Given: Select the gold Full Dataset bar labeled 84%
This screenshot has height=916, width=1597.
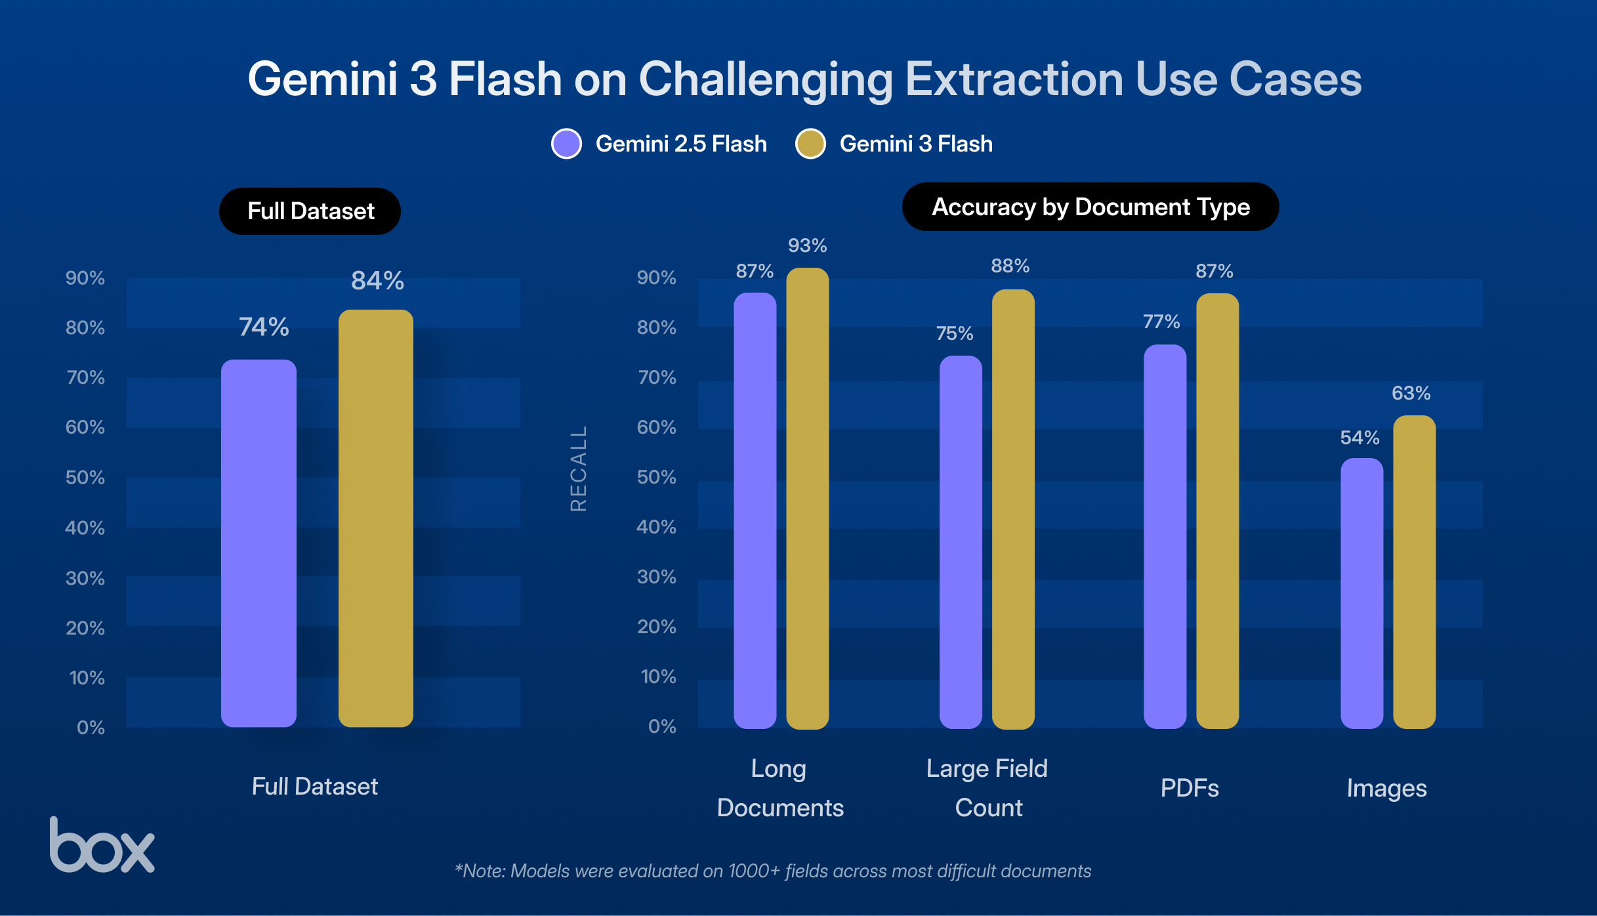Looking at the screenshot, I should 375,518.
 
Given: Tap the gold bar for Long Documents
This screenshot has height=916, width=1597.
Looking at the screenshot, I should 807,499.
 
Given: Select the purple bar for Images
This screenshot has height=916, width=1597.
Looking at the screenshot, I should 1361,593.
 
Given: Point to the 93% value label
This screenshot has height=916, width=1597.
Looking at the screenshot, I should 807,245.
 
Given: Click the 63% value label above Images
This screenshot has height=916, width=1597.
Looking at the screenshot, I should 1411,393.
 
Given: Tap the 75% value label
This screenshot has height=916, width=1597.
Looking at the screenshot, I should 954,333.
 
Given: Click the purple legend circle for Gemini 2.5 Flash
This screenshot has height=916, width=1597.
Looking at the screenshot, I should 566,144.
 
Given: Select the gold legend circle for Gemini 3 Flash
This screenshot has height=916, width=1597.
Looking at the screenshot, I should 810,144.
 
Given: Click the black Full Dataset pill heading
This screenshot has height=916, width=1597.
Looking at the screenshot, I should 310,211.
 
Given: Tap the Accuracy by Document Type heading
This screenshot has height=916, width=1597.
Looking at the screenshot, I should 1090,207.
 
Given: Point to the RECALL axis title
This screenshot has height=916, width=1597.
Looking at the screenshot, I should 578,468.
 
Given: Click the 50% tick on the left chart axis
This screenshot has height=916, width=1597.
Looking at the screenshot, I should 85,477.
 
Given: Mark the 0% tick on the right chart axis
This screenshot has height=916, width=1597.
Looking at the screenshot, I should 661,726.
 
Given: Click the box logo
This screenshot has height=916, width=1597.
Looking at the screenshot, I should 102,846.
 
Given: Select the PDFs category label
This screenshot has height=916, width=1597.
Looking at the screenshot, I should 1189,788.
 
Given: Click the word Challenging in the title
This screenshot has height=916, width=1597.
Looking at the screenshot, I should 766,79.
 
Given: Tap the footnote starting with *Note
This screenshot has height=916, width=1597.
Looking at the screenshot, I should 772,871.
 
